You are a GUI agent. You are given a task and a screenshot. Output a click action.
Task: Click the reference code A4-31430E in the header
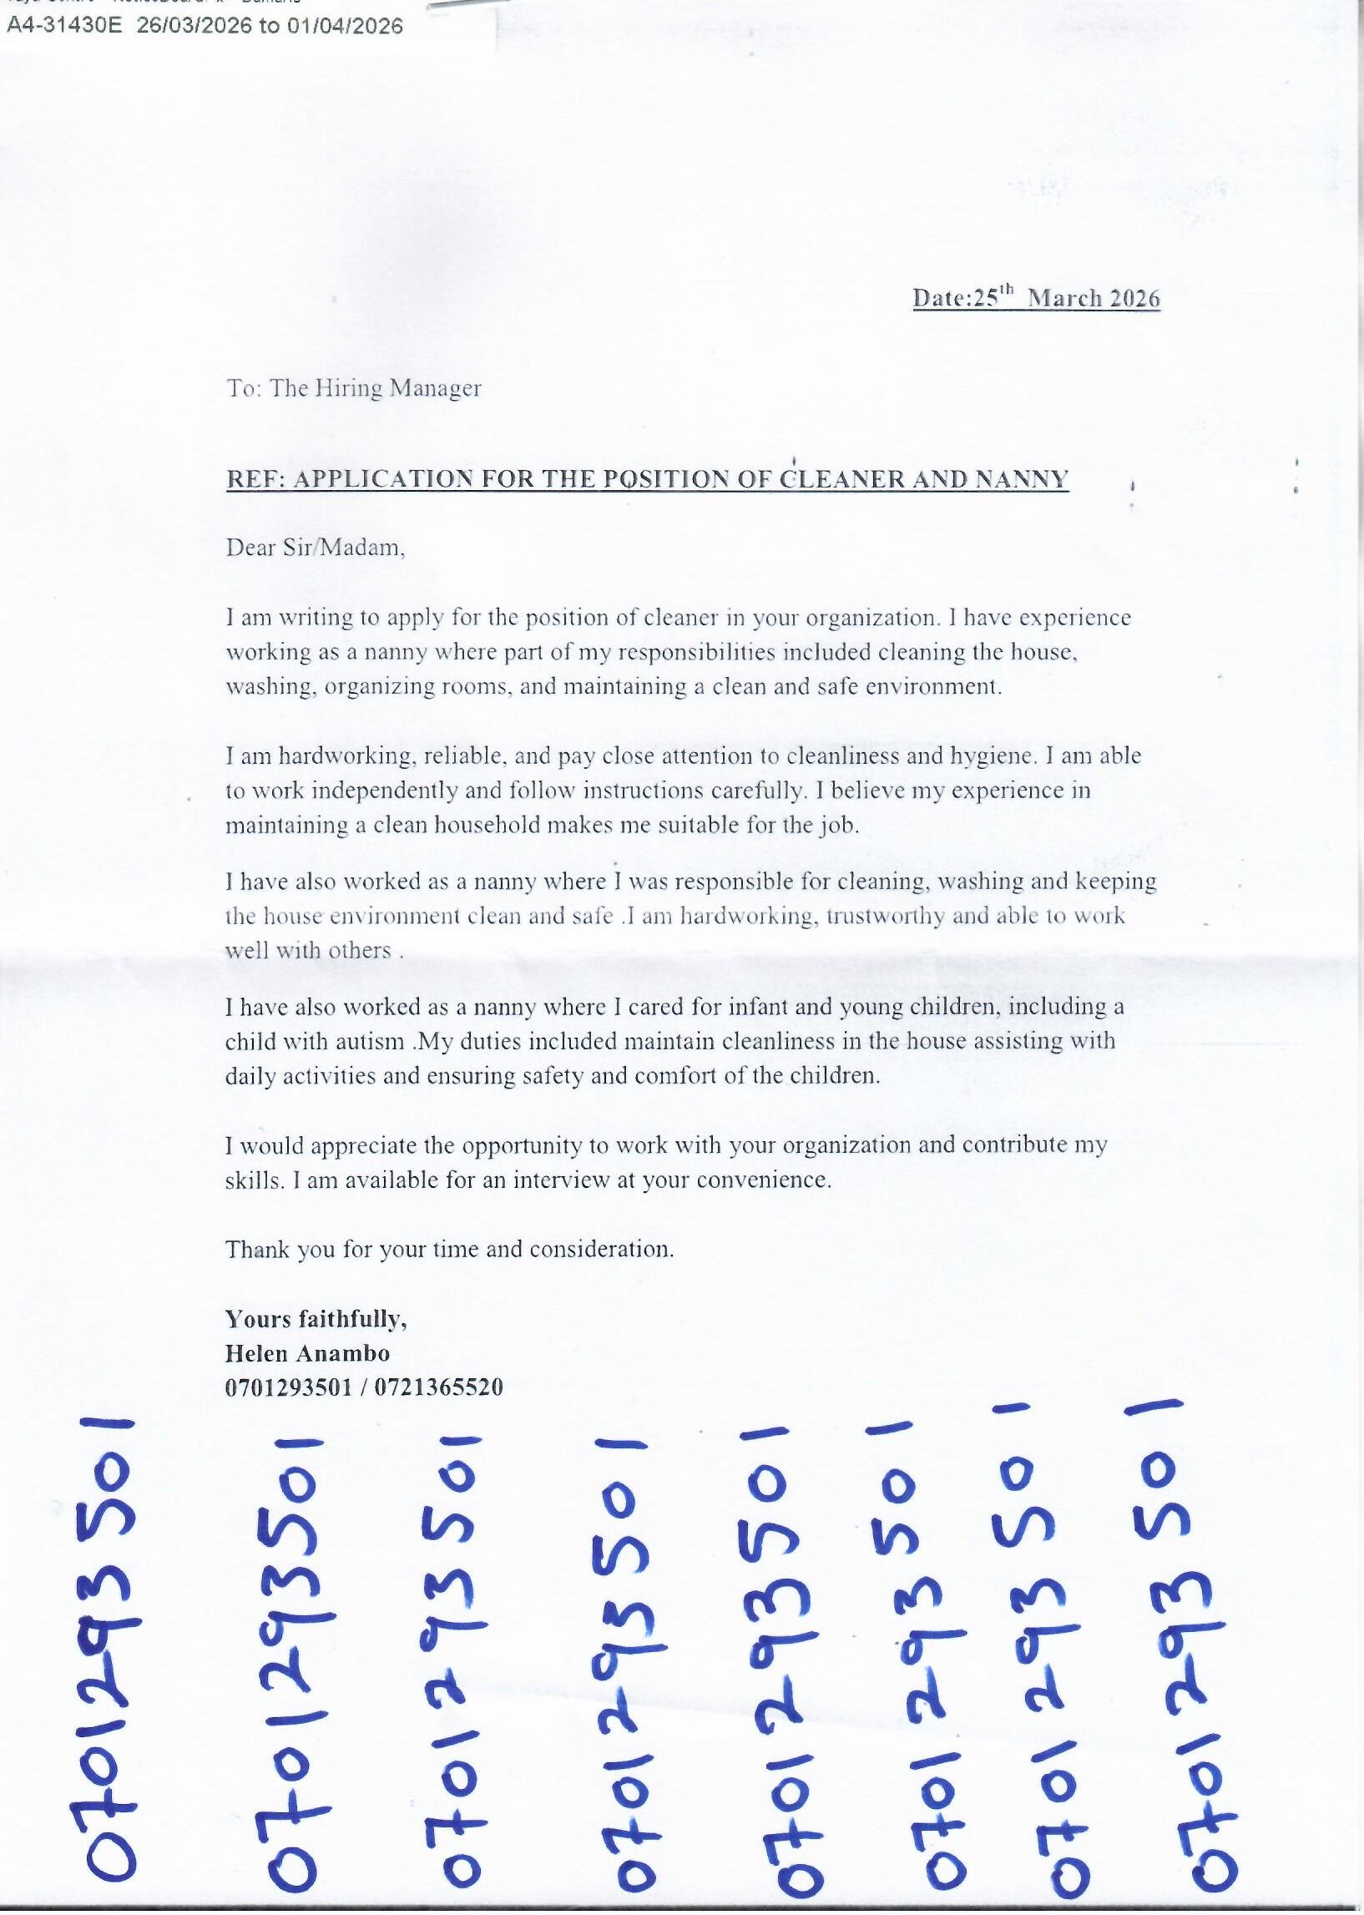click(63, 26)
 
